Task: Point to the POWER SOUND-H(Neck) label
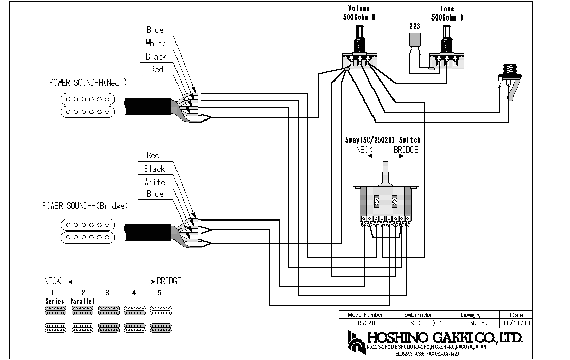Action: [x=88, y=83]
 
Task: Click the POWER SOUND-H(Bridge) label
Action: [x=85, y=206]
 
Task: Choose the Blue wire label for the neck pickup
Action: [x=155, y=30]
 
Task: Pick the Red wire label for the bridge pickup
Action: [x=153, y=155]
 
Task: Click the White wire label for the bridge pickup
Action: [x=154, y=182]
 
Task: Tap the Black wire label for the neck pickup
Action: [x=155, y=56]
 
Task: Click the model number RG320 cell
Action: [x=365, y=323]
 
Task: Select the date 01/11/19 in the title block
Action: [x=516, y=323]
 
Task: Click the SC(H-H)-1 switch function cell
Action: [x=426, y=323]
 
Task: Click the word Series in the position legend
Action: [x=54, y=301]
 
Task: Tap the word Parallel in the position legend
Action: [x=83, y=301]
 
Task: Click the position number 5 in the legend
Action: [x=159, y=293]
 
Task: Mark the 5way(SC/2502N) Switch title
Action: [x=383, y=140]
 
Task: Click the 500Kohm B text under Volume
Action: [x=359, y=17]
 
